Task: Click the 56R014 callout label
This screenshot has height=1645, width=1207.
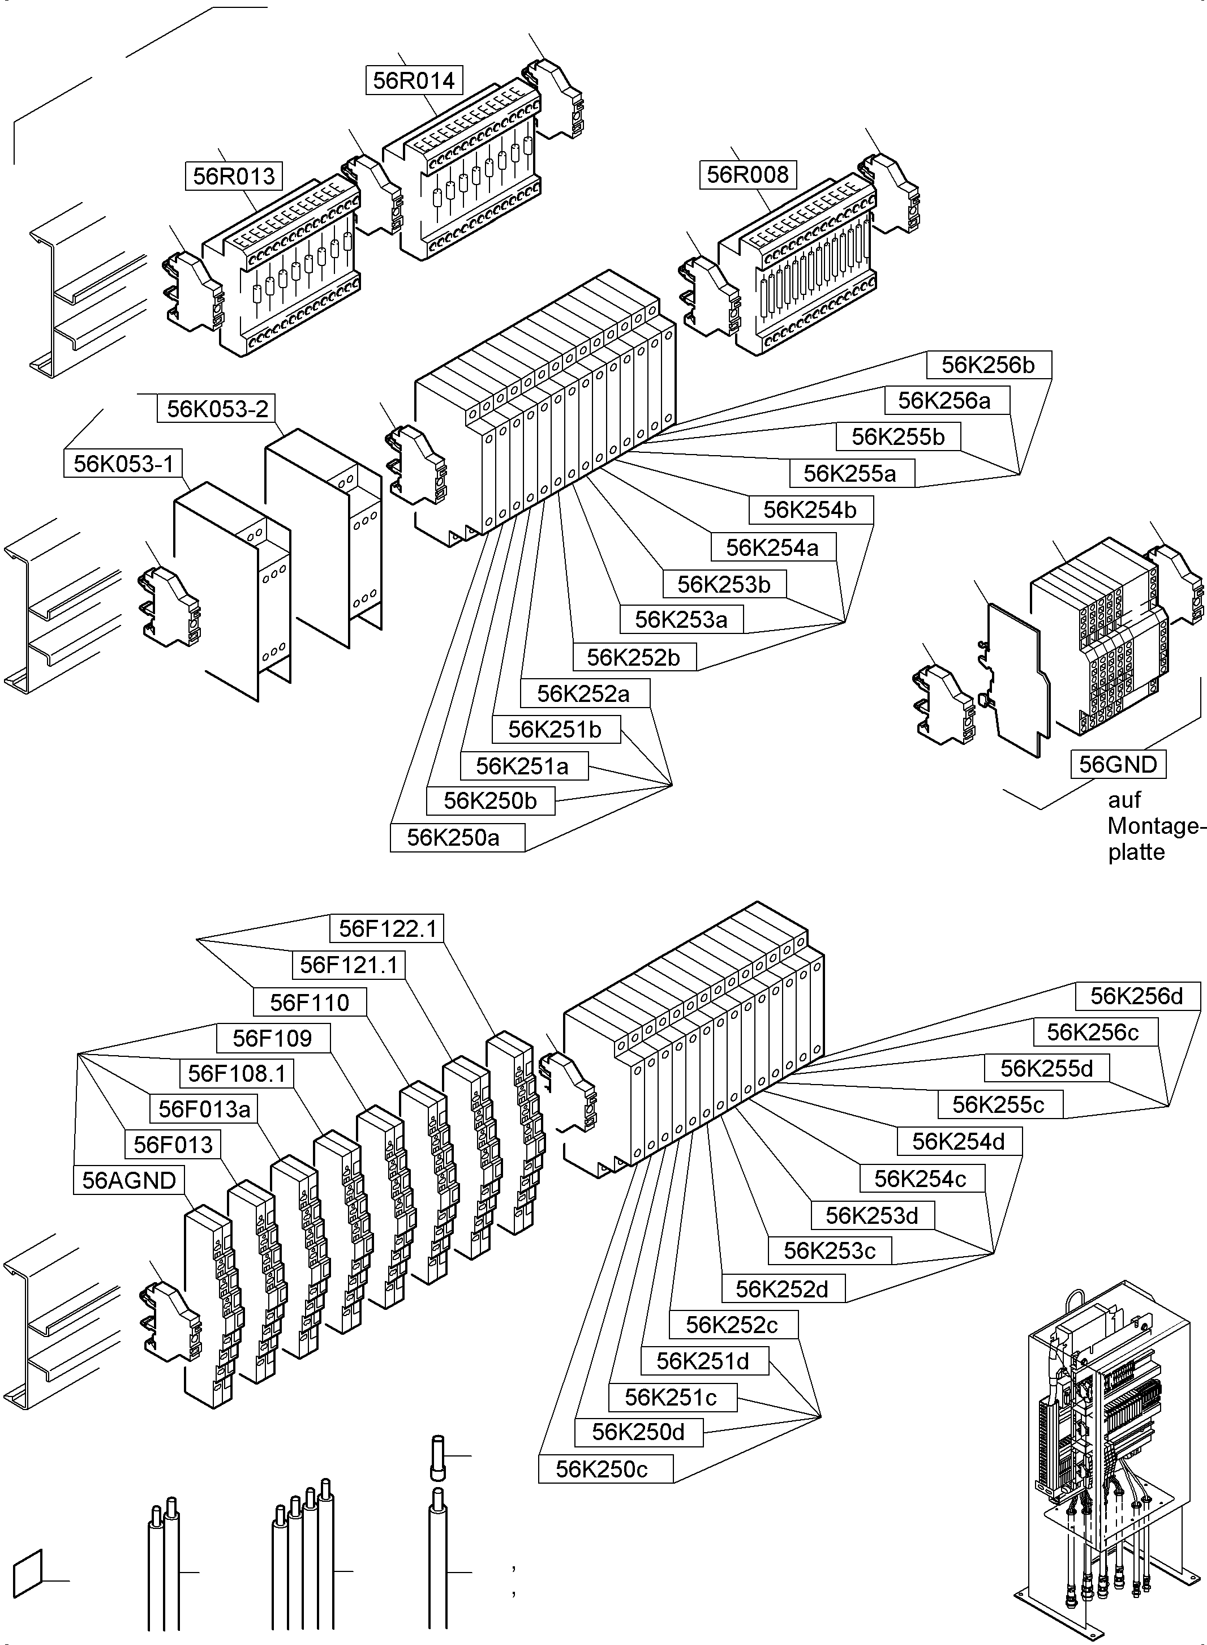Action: [x=414, y=80]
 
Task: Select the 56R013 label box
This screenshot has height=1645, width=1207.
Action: [x=234, y=176]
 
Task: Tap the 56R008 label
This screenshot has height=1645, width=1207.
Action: [x=748, y=175]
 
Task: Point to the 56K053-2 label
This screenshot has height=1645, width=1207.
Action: [x=217, y=409]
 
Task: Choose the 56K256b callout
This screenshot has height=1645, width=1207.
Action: [x=989, y=365]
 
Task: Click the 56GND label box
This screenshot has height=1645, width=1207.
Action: [x=1118, y=764]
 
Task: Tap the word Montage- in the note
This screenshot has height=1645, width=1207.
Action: [x=1153, y=826]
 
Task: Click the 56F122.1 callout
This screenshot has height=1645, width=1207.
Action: [x=387, y=929]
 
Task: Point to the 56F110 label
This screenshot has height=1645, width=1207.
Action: [x=310, y=1002]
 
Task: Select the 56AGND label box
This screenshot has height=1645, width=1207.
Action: [x=128, y=1180]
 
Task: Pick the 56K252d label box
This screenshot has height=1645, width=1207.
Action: [x=783, y=1289]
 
